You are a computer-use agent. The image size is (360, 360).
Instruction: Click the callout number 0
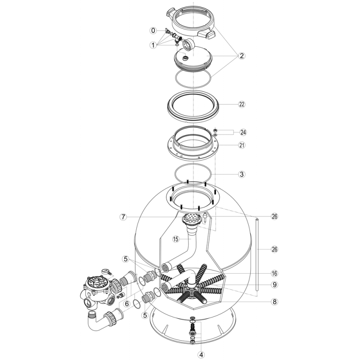[x=153, y=30]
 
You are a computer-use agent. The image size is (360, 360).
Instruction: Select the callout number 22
[x=242, y=104]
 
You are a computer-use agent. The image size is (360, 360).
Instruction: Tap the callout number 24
[x=243, y=132]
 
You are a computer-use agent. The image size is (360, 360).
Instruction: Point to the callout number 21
[x=242, y=145]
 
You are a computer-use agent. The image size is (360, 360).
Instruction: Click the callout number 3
[x=242, y=174]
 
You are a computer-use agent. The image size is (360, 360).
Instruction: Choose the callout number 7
[x=123, y=217]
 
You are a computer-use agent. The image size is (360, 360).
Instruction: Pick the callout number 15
[x=175, y=239]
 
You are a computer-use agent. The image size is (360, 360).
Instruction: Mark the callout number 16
[x=274, y=274]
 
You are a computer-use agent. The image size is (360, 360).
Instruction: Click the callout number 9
[x=274, y=285]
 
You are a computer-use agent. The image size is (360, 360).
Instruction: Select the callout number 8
[x=274, y=301]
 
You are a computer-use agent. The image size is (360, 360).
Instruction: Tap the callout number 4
[x=201, y=355]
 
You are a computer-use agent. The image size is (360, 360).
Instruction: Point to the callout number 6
[x=127, y=304]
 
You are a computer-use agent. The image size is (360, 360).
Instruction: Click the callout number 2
[x=242, y=56]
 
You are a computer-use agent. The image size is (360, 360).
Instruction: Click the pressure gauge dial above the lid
[x=188, y=44]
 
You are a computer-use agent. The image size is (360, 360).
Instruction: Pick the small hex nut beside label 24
[x=215, y=130]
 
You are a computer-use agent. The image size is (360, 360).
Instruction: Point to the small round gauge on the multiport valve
[x=105, y=271]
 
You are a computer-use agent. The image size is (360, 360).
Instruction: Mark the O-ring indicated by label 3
[x=193, y=164]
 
